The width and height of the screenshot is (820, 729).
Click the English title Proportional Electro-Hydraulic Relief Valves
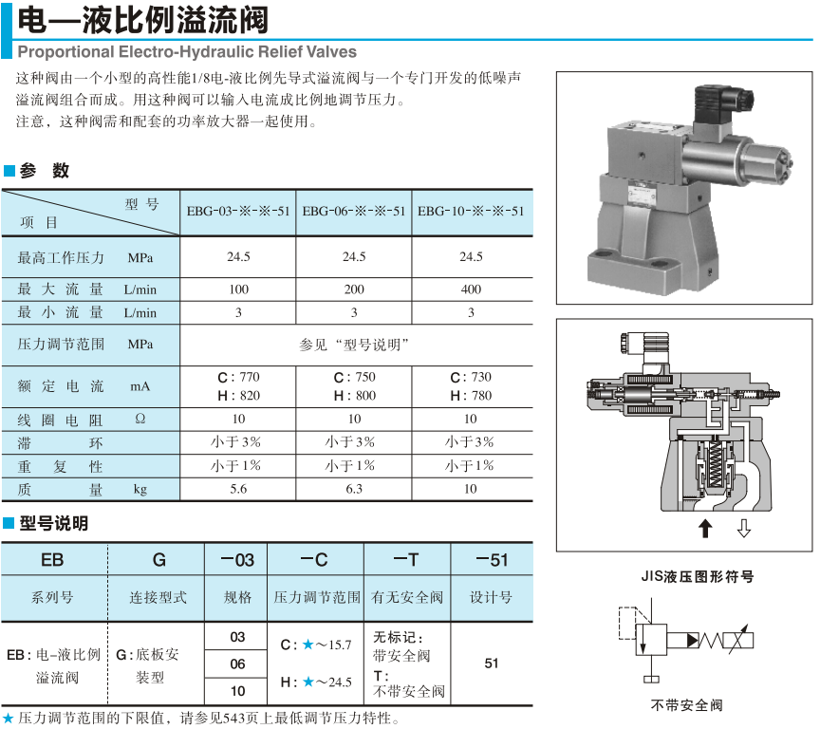(187, 51)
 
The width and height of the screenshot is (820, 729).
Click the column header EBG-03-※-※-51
(238, 212)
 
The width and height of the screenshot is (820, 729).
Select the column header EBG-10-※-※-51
(471, 212)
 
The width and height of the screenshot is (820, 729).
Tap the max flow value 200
(354, 290)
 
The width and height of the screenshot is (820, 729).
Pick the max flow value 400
(471, 290)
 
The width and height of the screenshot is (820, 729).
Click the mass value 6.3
(354, 489)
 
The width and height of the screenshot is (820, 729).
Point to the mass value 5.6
(238, 489)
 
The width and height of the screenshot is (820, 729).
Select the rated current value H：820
(238, 396)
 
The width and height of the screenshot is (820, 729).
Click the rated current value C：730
(471, 377)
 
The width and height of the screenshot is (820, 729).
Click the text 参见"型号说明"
(354, 345)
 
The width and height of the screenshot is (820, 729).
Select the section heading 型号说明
(53, 523)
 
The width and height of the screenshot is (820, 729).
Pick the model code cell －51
(491, 560)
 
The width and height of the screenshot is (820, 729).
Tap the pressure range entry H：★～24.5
(316, 682)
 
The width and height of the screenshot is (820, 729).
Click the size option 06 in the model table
(237, 664)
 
